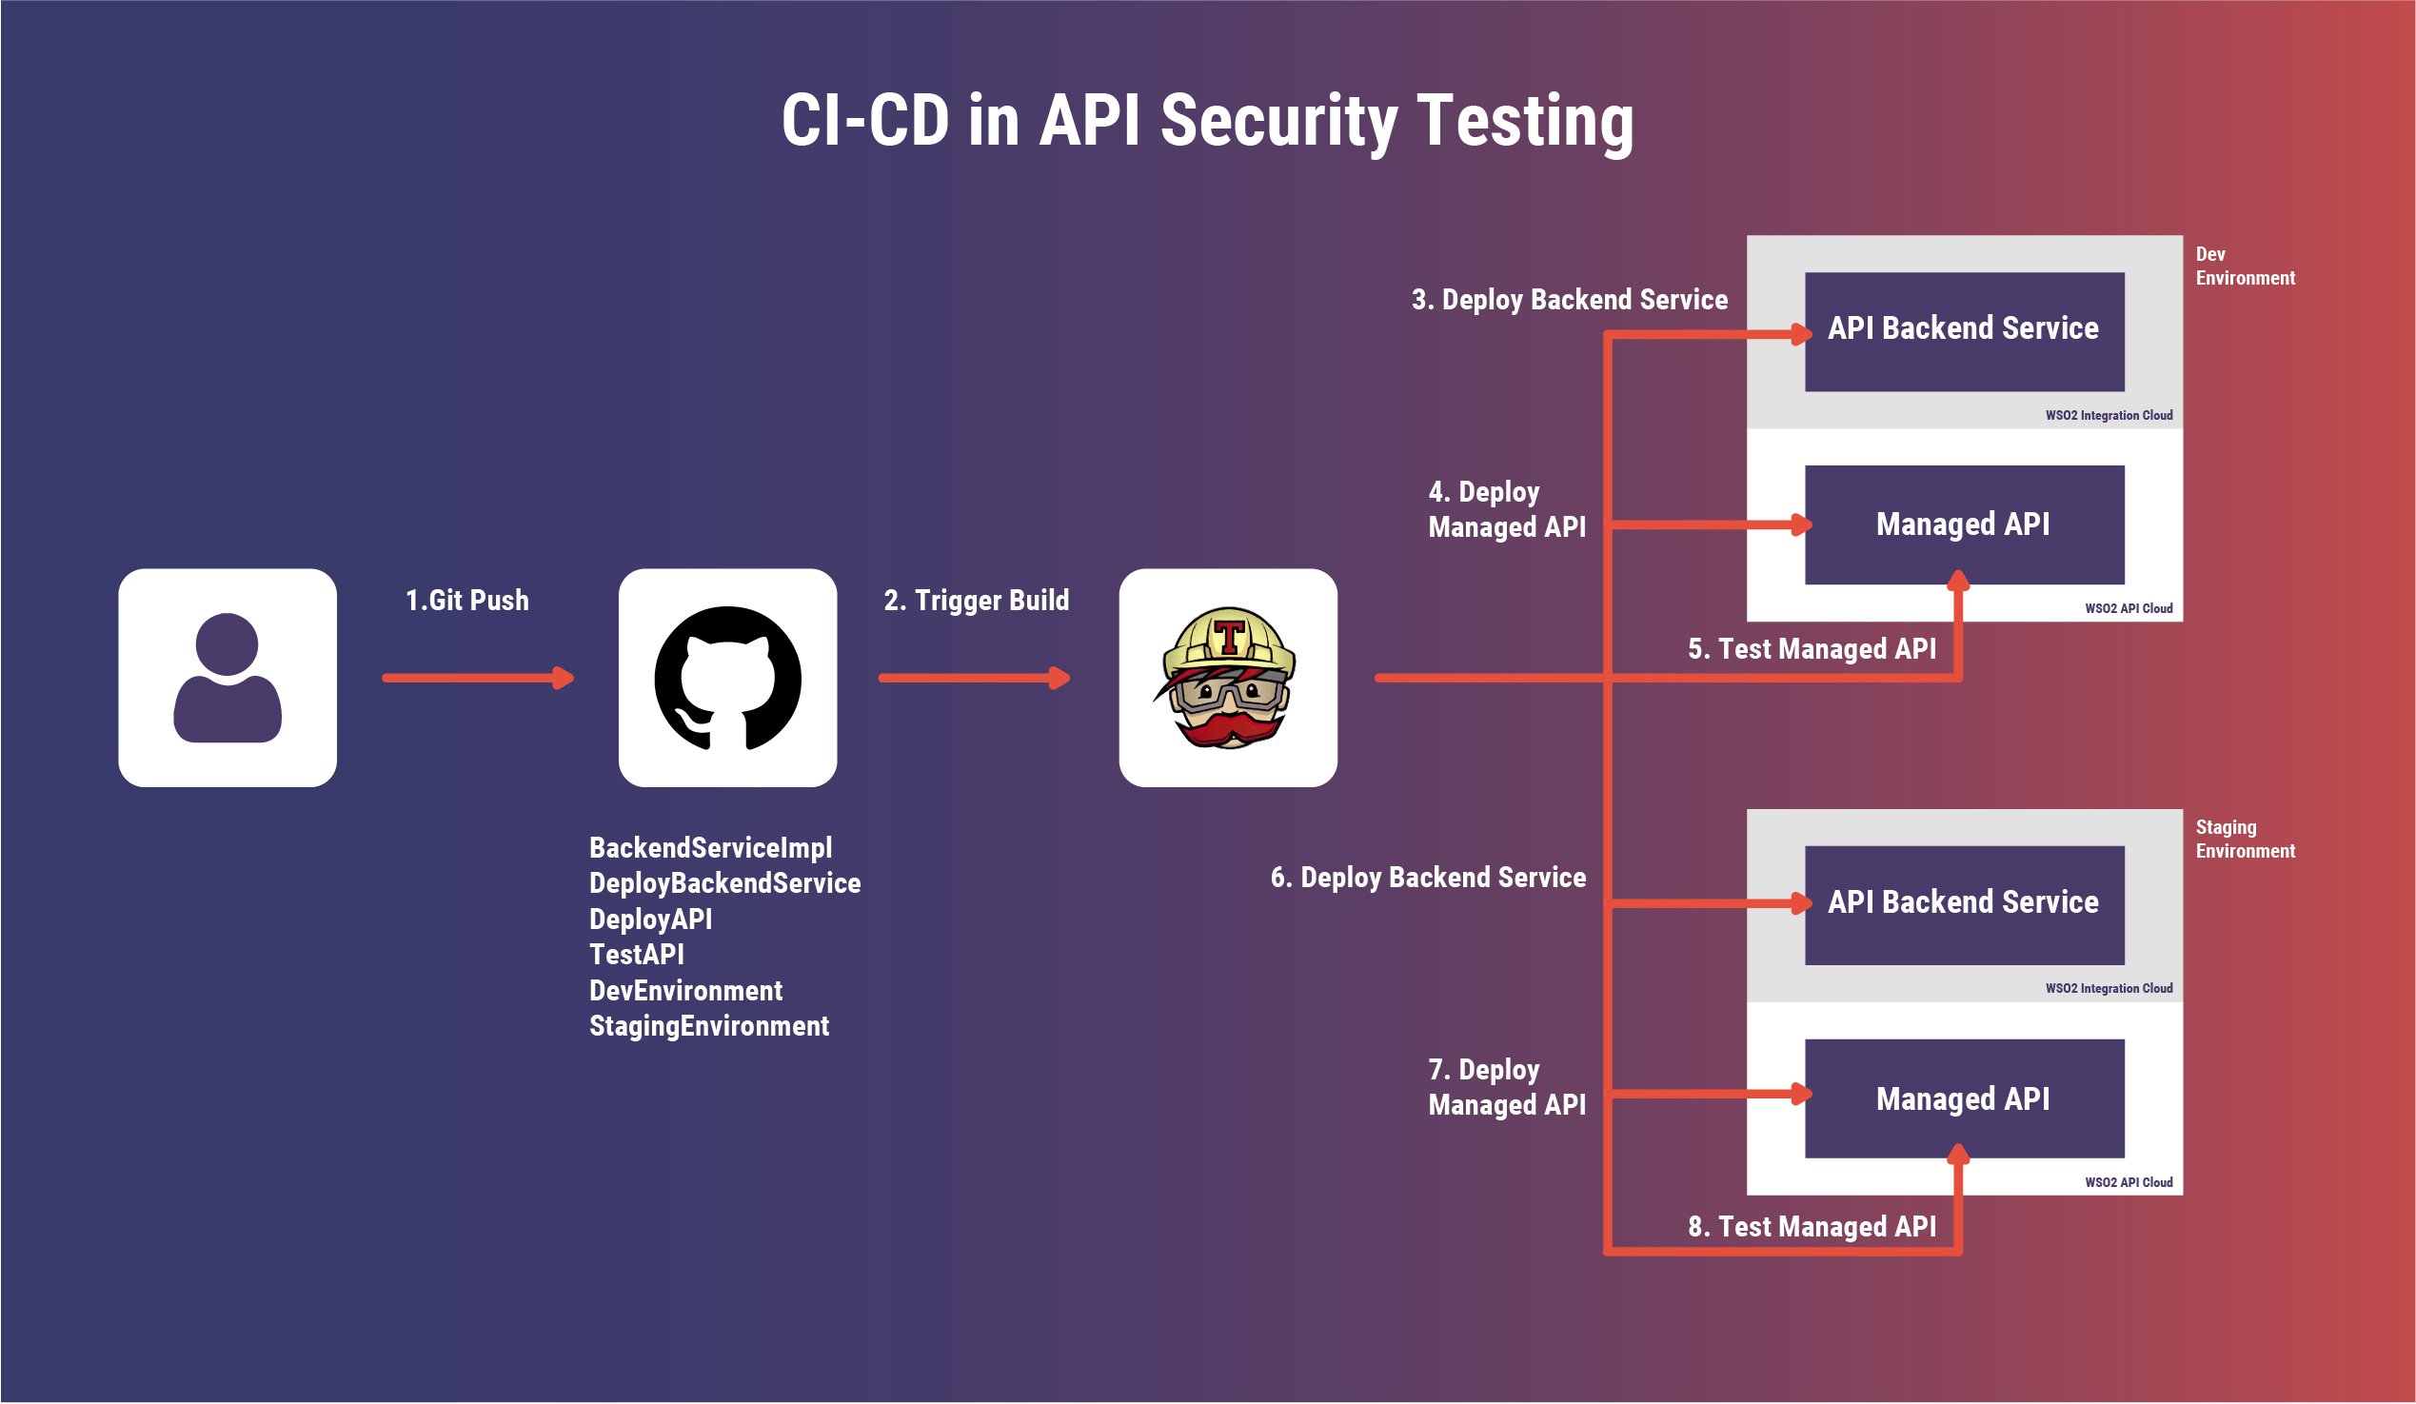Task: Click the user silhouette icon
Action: click(x=228, y=678)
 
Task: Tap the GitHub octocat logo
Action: click(x=727, y=678)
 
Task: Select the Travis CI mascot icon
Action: click(x=1228, y=678)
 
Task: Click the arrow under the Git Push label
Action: click(x=478, y=679)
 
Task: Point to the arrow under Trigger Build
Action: click(x=974, y=679)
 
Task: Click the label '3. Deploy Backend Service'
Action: click(x=1570, y=300)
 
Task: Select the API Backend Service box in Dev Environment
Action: click(x=1964, y=331)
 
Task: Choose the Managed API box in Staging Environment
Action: click(x=1964, y=1098)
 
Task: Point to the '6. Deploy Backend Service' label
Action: click(x=1428, y=878)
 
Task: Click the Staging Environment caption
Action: click(x=2245, y=839)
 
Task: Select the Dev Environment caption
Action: click(x=2245, y=266)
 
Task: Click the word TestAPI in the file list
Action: click(x=637, y=955)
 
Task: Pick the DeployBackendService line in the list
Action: click(x=724, y=883)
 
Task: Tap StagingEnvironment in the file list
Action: click(x=708, y=1026)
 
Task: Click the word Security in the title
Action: click(x=1279, y=122)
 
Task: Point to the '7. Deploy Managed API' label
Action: click(x=1506, y=1087)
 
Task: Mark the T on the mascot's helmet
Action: click(x=1229, y=636)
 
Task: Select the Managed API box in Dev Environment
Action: click(x=1964, y=524)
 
